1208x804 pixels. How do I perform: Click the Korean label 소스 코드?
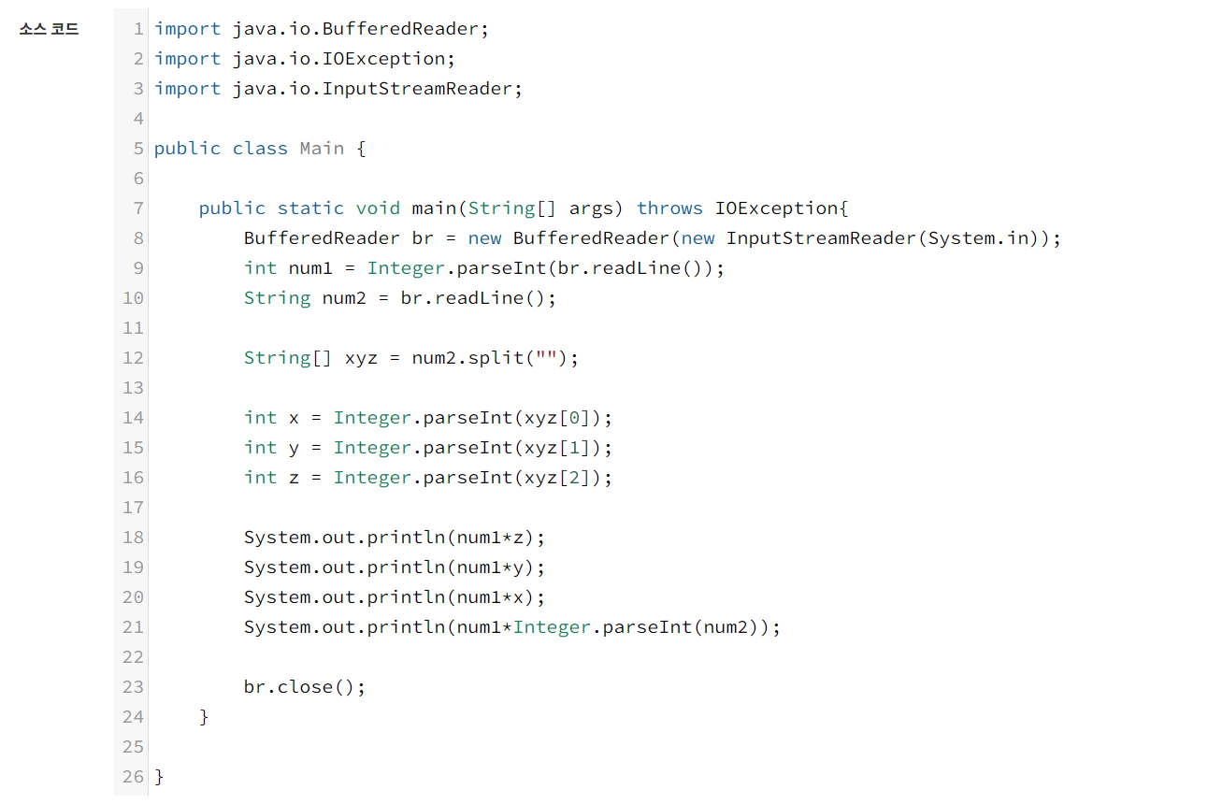(49, 29)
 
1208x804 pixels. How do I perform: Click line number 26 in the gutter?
(133, 777)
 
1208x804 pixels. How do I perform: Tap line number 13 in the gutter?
(133, 388)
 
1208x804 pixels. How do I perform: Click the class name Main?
(322, 149)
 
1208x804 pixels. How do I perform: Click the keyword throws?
(669, 208)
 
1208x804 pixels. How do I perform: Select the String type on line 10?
(277, 298)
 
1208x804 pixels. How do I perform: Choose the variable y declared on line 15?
(294, 448)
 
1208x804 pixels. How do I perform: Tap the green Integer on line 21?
(552, 627)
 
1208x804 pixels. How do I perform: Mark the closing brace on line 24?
(204, 717)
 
